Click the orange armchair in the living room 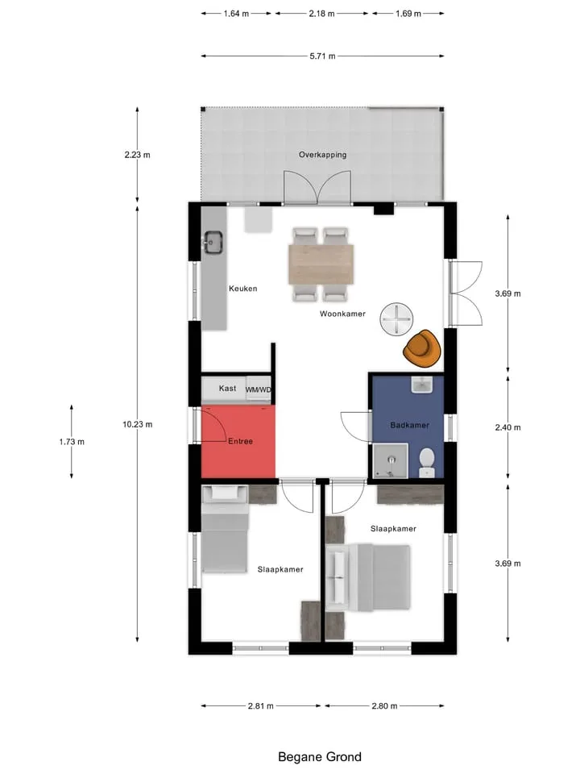[x=421, y=348]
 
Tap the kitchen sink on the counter [x=213, y=242]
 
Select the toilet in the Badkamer [x=426, y=463]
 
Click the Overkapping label [x=322, y=155]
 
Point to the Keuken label [x=242, y=289]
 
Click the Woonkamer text [x=342, y=314]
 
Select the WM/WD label [x=259, y=389]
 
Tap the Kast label [x=227, y=389]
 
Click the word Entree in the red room [x=240, y=441]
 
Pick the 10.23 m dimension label [x=137, y=424]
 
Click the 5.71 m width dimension [x=322, y=56]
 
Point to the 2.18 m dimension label [x=321, y=14]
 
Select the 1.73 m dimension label [x=72, y=441]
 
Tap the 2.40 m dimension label [x=507, y=427]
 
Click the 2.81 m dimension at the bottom [x=260, y=706]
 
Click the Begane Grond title [x=320, y=757]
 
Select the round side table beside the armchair [x=396, y=319]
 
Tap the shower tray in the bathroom [x=391, y=461]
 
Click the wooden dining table [x=321, y=264]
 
